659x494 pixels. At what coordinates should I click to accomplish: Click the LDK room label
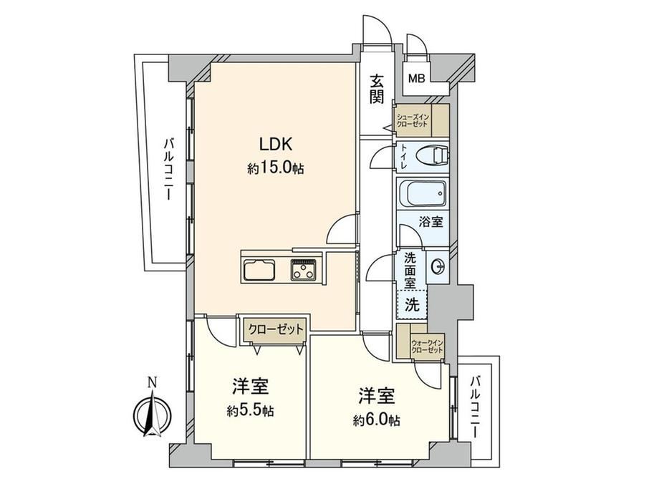click(x=276, y=145)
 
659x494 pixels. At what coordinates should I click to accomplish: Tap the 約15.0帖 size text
click(x=276, y=168)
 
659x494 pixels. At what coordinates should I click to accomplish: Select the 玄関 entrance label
click(x=377, y=89)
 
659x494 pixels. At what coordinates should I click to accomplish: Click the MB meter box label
click(x=417, y=78)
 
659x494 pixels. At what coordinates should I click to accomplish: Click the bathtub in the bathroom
click(x=423, y=193)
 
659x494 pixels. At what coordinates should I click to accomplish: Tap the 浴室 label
click(x=430, y=222)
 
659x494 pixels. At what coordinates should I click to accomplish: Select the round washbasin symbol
click(x=437, y=266)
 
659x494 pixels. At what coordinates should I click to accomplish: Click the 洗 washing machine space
click(x=412, y=304)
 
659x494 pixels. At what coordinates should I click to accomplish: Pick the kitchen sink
click(x=259, y=269)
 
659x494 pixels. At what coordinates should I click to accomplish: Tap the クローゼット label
click(x=276, y=329)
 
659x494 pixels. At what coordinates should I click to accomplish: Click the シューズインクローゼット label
click(x=413, y=120)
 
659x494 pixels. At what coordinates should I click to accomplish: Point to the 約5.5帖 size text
click(x=251, y=410)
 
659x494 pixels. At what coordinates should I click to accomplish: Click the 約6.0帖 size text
click(x=376, y=420)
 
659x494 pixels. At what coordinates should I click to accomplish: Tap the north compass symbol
click(x=152, y=413)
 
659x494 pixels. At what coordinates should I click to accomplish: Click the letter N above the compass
click(x=152, y=383)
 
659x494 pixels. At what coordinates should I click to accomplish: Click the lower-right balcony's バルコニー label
click(x=475, y=407)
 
